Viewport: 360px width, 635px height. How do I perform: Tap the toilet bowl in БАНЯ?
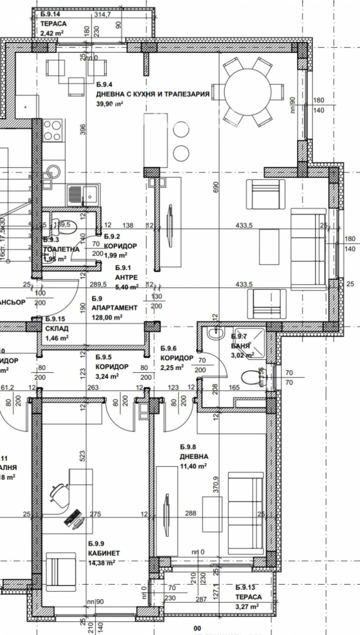coord(250,377)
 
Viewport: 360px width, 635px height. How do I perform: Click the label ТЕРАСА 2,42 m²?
coord(54,28)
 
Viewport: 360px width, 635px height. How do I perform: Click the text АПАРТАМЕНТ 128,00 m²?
coord(114,313)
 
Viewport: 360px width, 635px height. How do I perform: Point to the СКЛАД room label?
coord(57,332)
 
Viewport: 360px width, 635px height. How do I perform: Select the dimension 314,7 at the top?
coord(102,14)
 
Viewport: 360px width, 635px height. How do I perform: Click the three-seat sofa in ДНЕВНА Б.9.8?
coord(245,513)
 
